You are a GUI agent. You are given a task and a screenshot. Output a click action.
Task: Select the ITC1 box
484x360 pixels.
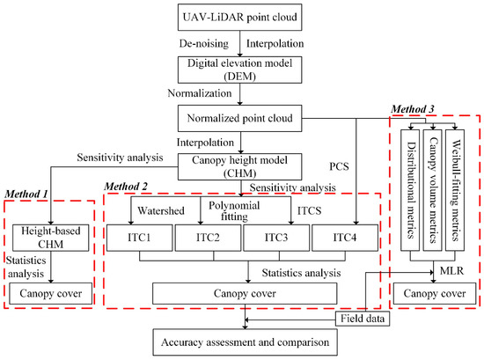coord(138,239)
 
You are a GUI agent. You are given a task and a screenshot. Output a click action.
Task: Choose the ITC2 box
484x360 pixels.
coord(206,239)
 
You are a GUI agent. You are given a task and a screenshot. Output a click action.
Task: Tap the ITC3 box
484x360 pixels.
coord(274,239)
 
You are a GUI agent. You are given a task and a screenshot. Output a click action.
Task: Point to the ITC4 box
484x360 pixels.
coord(342,239)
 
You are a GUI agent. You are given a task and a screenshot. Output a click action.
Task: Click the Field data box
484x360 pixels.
coord(362,318)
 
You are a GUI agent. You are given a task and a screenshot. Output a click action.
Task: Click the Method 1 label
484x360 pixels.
coord(26,193)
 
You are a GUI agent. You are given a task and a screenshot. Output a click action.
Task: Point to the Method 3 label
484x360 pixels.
coord(414,107)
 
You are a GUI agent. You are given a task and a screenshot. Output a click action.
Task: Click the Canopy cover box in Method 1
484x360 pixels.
coord(50,290)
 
